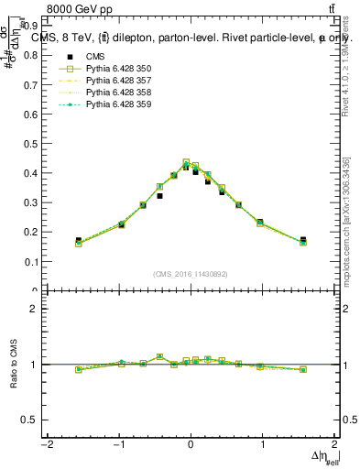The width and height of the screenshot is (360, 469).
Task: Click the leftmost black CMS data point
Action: pos(79,241)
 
